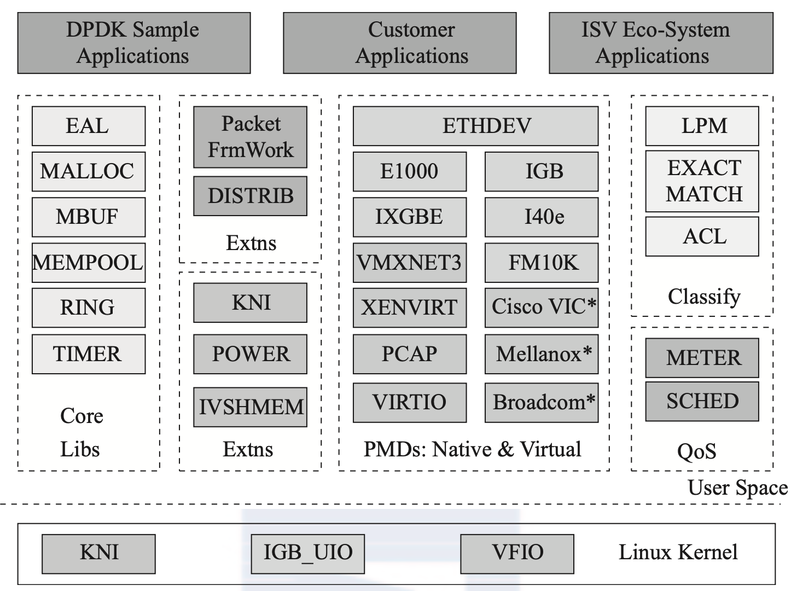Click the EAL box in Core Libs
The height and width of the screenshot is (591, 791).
pos(89,126)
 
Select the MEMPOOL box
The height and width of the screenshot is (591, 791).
pos(89,262)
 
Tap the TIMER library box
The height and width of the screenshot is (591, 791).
pos(89,354)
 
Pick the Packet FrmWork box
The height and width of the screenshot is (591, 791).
pos(250,137)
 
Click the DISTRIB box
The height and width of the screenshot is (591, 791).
pos(250,196)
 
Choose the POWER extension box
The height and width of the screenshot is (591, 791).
pos(250,354)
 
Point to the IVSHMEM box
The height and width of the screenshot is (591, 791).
pos(250,407)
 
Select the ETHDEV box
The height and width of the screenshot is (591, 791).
pos(476,126)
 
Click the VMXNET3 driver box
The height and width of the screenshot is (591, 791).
pos(410,262)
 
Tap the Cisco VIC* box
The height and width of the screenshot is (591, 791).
pos(542,308)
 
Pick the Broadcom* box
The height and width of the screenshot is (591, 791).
pos(542,403)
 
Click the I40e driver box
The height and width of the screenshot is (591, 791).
pos(542,217)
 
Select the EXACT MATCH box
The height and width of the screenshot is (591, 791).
pos(702,181)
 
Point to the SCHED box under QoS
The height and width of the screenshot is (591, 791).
pos(702,402)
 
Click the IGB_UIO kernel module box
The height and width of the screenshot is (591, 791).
pos(308,554)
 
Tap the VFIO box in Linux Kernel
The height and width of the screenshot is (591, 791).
pos(517,554)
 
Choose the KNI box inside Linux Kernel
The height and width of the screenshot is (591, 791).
pos(99,554)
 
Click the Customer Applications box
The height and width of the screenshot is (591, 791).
pos(400,43)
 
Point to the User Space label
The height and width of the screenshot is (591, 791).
pos(738,488)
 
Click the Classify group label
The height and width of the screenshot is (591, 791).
pos(704,297)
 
